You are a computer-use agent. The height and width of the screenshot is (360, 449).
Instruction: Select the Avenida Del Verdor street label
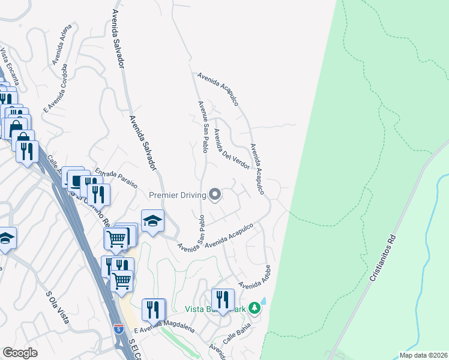(231, 149)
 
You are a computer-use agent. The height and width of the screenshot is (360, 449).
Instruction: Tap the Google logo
(20, 352)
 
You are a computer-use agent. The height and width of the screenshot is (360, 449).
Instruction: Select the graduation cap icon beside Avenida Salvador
(152, 221)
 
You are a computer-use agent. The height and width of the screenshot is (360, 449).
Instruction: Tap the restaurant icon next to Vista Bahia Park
(223, 300)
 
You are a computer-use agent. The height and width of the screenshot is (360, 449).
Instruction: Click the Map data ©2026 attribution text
(423, 355)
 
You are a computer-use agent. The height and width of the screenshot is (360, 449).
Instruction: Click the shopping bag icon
(15, 128)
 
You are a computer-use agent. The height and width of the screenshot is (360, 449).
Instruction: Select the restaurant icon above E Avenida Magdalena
(154, 310)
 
